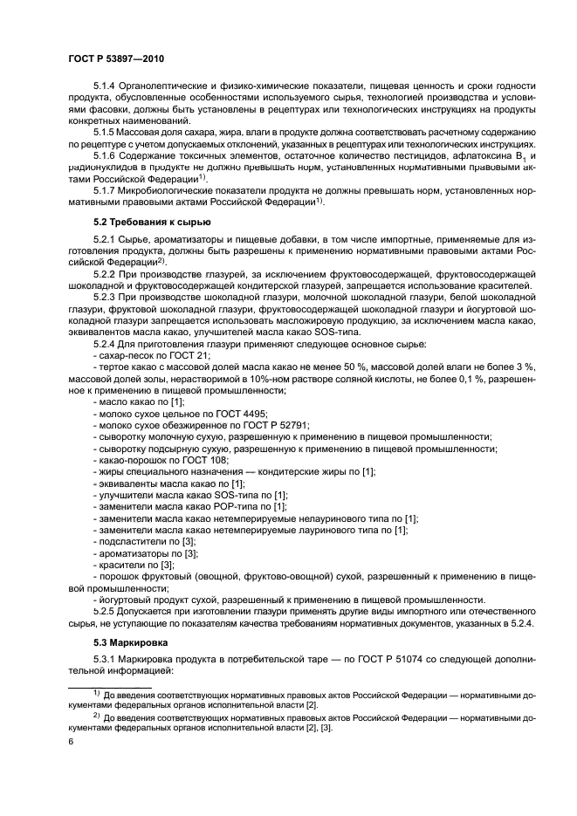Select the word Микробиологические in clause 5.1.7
tap(180, 189)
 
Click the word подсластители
tap(133, 541)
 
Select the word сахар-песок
tap(127, 357)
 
